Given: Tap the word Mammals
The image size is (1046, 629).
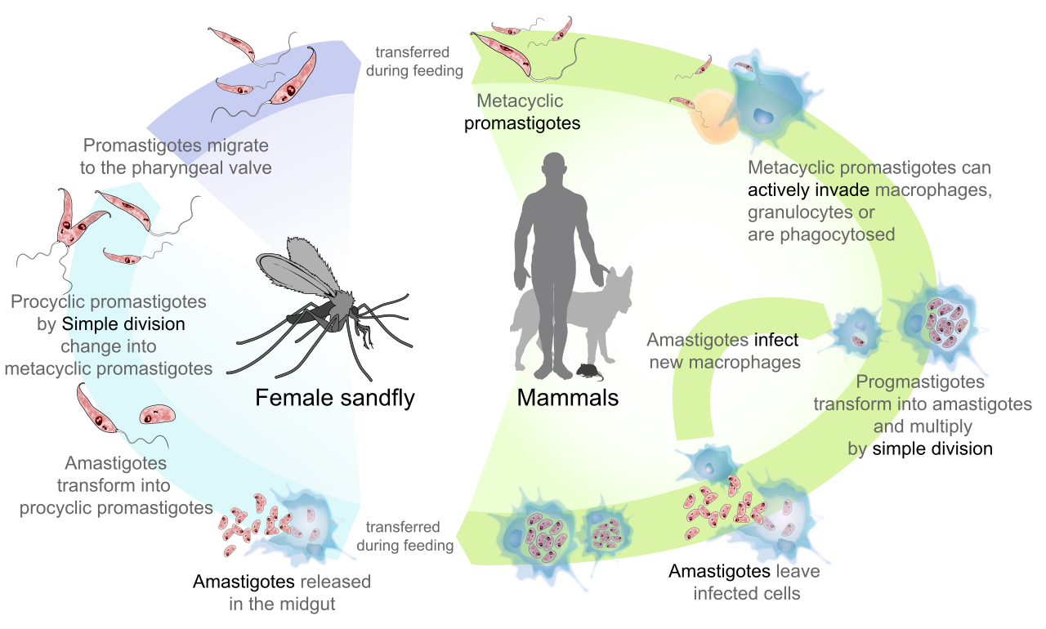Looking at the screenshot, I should pos(568,399).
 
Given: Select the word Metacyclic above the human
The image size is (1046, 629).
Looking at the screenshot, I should pos(520,101).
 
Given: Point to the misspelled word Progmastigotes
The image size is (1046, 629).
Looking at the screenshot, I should pos(920,382).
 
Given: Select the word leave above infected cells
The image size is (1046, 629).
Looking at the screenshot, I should pos(798,571).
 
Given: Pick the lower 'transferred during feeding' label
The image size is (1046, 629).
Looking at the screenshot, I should pos(405,536).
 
